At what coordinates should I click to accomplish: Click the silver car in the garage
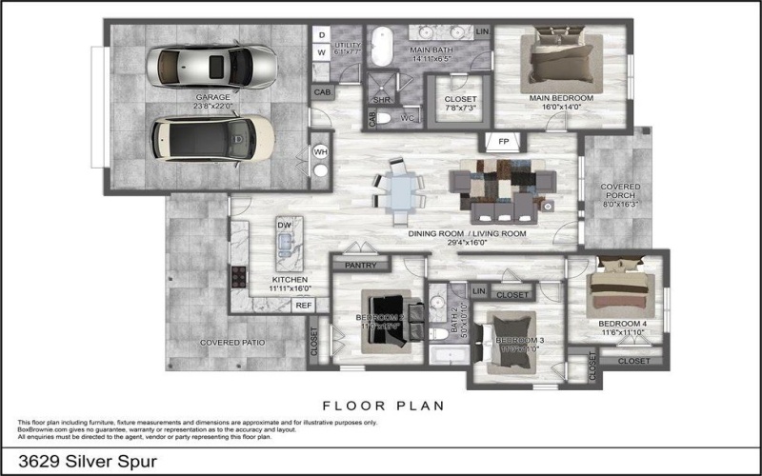[x=211, y=66]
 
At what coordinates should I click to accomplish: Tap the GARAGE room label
[x=213, y=97]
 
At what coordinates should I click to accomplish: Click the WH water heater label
[x=321, y=150]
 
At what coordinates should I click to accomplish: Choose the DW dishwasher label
[x=284, y=225]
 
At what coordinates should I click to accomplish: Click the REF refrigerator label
[x=304, y=306]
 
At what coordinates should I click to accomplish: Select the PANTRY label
[x=361, y=267]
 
